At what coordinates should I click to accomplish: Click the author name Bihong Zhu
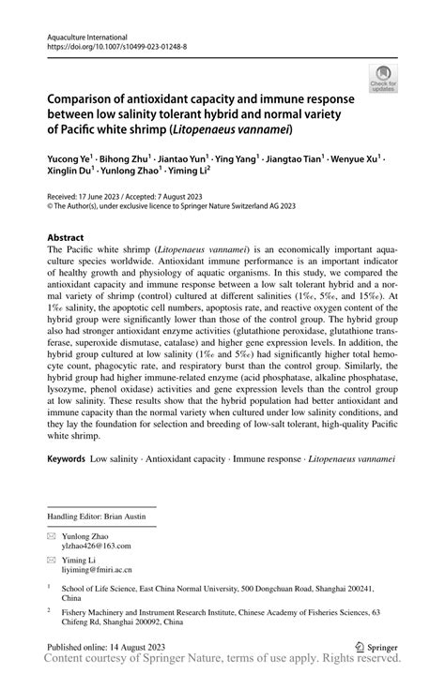[x=137, y=159]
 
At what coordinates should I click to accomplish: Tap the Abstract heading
[x=66, y=238]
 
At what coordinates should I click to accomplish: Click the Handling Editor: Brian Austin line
[x=101, y=517]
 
